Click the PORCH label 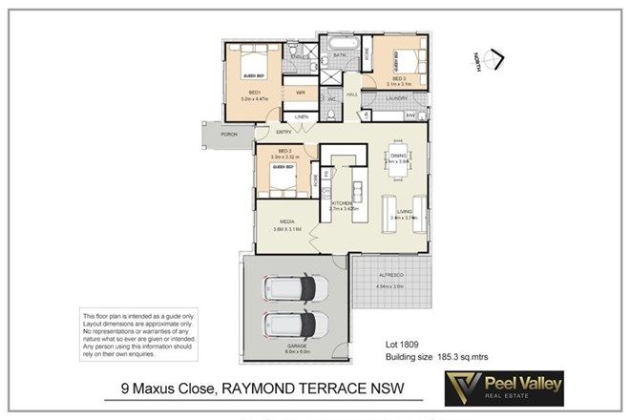coord(228,135)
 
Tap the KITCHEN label coord(343,204)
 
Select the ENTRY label coord(283,131)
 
